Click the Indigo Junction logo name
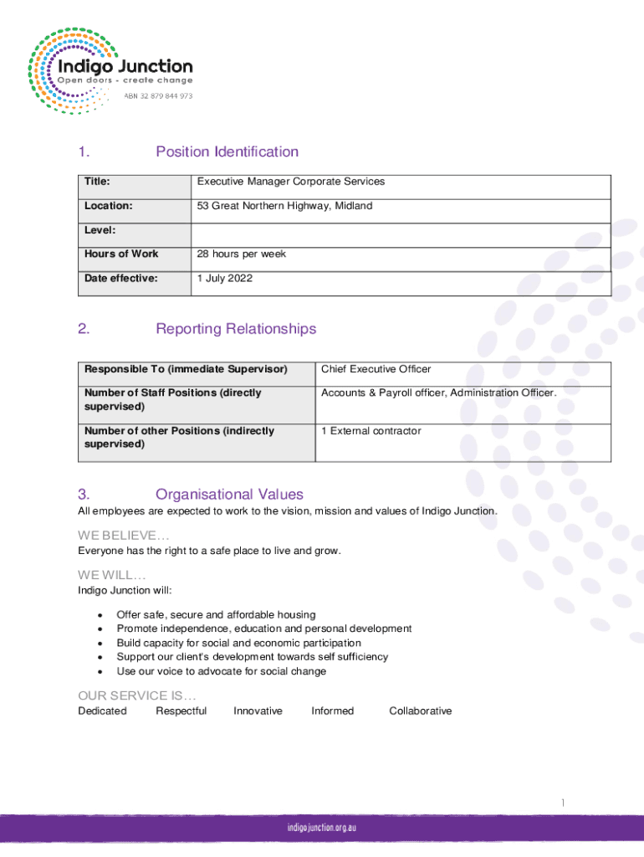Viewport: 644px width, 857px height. (124, 66)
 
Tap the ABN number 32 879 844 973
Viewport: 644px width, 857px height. (158, 96)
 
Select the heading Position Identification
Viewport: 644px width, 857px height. (227, 151)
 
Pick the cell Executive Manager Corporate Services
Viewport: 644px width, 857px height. (290, 182)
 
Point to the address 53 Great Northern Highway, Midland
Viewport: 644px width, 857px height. (284, 206)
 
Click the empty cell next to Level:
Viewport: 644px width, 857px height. (401, 230)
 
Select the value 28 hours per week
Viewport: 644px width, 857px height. (241, 254)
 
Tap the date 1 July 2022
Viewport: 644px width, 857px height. (224, 278)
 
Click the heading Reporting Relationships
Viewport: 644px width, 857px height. (236, 329)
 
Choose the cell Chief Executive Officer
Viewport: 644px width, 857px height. (376, 369)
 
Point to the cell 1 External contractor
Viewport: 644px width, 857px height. (371, 431)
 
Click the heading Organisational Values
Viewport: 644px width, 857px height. (229, 495)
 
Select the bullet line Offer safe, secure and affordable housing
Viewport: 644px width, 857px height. (216, 614)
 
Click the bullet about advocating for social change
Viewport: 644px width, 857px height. (221, 671)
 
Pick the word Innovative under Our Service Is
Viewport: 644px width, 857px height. (258, 711)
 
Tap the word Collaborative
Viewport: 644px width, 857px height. (420, 711)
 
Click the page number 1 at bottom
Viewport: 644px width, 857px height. (563, 803)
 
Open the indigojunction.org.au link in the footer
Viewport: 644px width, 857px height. (322, 827)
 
